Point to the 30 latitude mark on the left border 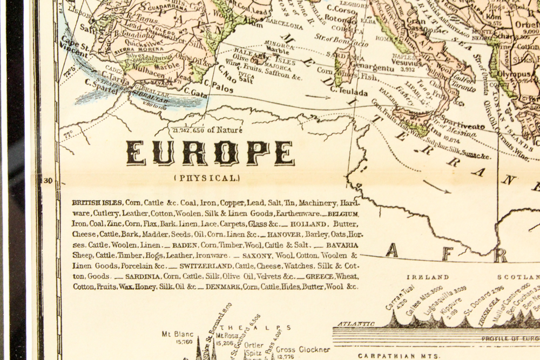click(46, 181)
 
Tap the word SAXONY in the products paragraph click(258, 255)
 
